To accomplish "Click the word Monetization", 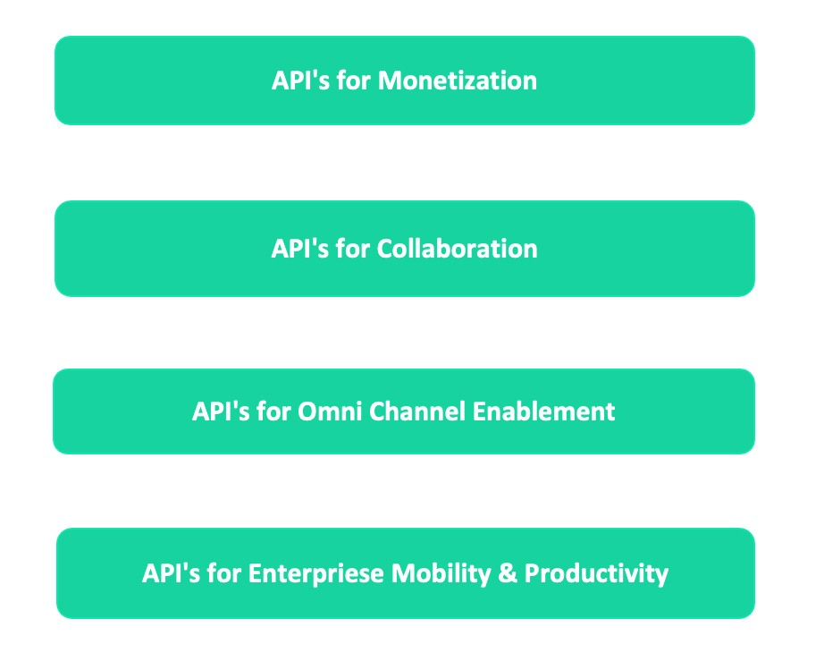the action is point(458,81).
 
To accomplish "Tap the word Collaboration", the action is point(457,249).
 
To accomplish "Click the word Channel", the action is point(417,411).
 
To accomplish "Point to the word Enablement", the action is point(543,411).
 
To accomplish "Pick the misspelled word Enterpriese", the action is point(315,573).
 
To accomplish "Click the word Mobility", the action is point(441,573).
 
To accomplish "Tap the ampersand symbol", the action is point(507,573).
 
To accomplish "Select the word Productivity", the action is point(596,573).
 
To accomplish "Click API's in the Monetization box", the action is point(300,81).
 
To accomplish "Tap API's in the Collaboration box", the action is point(300,249).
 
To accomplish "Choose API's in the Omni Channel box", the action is point(221,411).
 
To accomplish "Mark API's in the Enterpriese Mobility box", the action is point(171,573).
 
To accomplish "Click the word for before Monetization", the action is point(354,81).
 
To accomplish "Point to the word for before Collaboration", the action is point(353,249).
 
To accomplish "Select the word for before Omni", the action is point(273,411).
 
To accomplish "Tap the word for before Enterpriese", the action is point(223,573).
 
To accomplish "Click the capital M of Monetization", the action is point(390,81).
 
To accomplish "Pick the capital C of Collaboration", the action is point(385,249).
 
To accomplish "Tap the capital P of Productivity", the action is point(533,573).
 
